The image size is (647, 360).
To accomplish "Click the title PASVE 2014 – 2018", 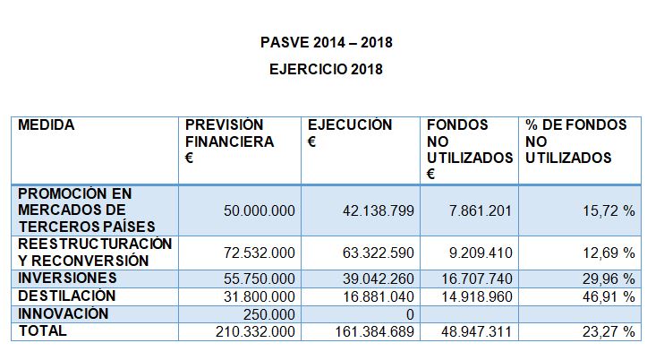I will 327,42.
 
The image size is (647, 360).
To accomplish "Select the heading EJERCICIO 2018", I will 327,69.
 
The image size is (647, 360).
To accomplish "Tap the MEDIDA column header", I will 47,125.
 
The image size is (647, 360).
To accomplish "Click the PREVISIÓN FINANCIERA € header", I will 229,141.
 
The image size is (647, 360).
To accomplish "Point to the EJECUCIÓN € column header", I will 350,133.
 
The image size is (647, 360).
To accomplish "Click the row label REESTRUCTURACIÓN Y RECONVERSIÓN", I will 95,252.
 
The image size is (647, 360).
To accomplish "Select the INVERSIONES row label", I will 67,278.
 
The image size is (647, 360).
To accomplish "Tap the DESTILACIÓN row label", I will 67,296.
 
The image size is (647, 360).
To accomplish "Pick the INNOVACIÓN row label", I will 64,313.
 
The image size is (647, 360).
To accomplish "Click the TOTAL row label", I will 42,330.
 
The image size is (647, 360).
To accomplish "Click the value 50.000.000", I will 259,210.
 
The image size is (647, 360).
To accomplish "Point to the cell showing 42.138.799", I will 377,210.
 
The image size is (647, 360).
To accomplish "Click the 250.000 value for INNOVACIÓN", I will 271,314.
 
